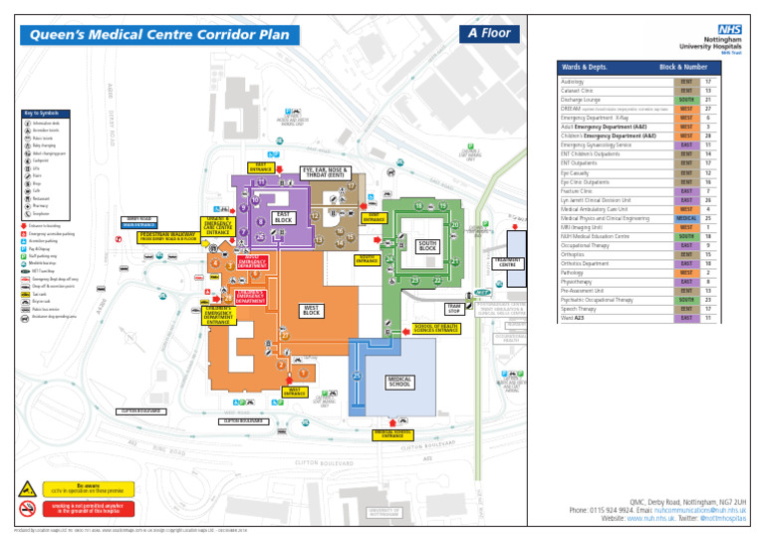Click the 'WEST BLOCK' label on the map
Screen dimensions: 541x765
coord(311,312)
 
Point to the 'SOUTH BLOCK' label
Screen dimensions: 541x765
coord(427,246)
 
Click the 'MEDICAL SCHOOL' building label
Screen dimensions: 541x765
coord(399,382)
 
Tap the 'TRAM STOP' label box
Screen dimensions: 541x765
coord(453,309)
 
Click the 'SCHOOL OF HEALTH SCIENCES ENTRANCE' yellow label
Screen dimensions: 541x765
coord(435,328)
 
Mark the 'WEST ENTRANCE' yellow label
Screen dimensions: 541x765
coord(266,393)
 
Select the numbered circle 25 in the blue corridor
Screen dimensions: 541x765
coord(356,376)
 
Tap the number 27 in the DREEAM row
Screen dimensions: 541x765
coord(708,109)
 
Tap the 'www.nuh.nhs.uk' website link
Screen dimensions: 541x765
coord(651,518)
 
